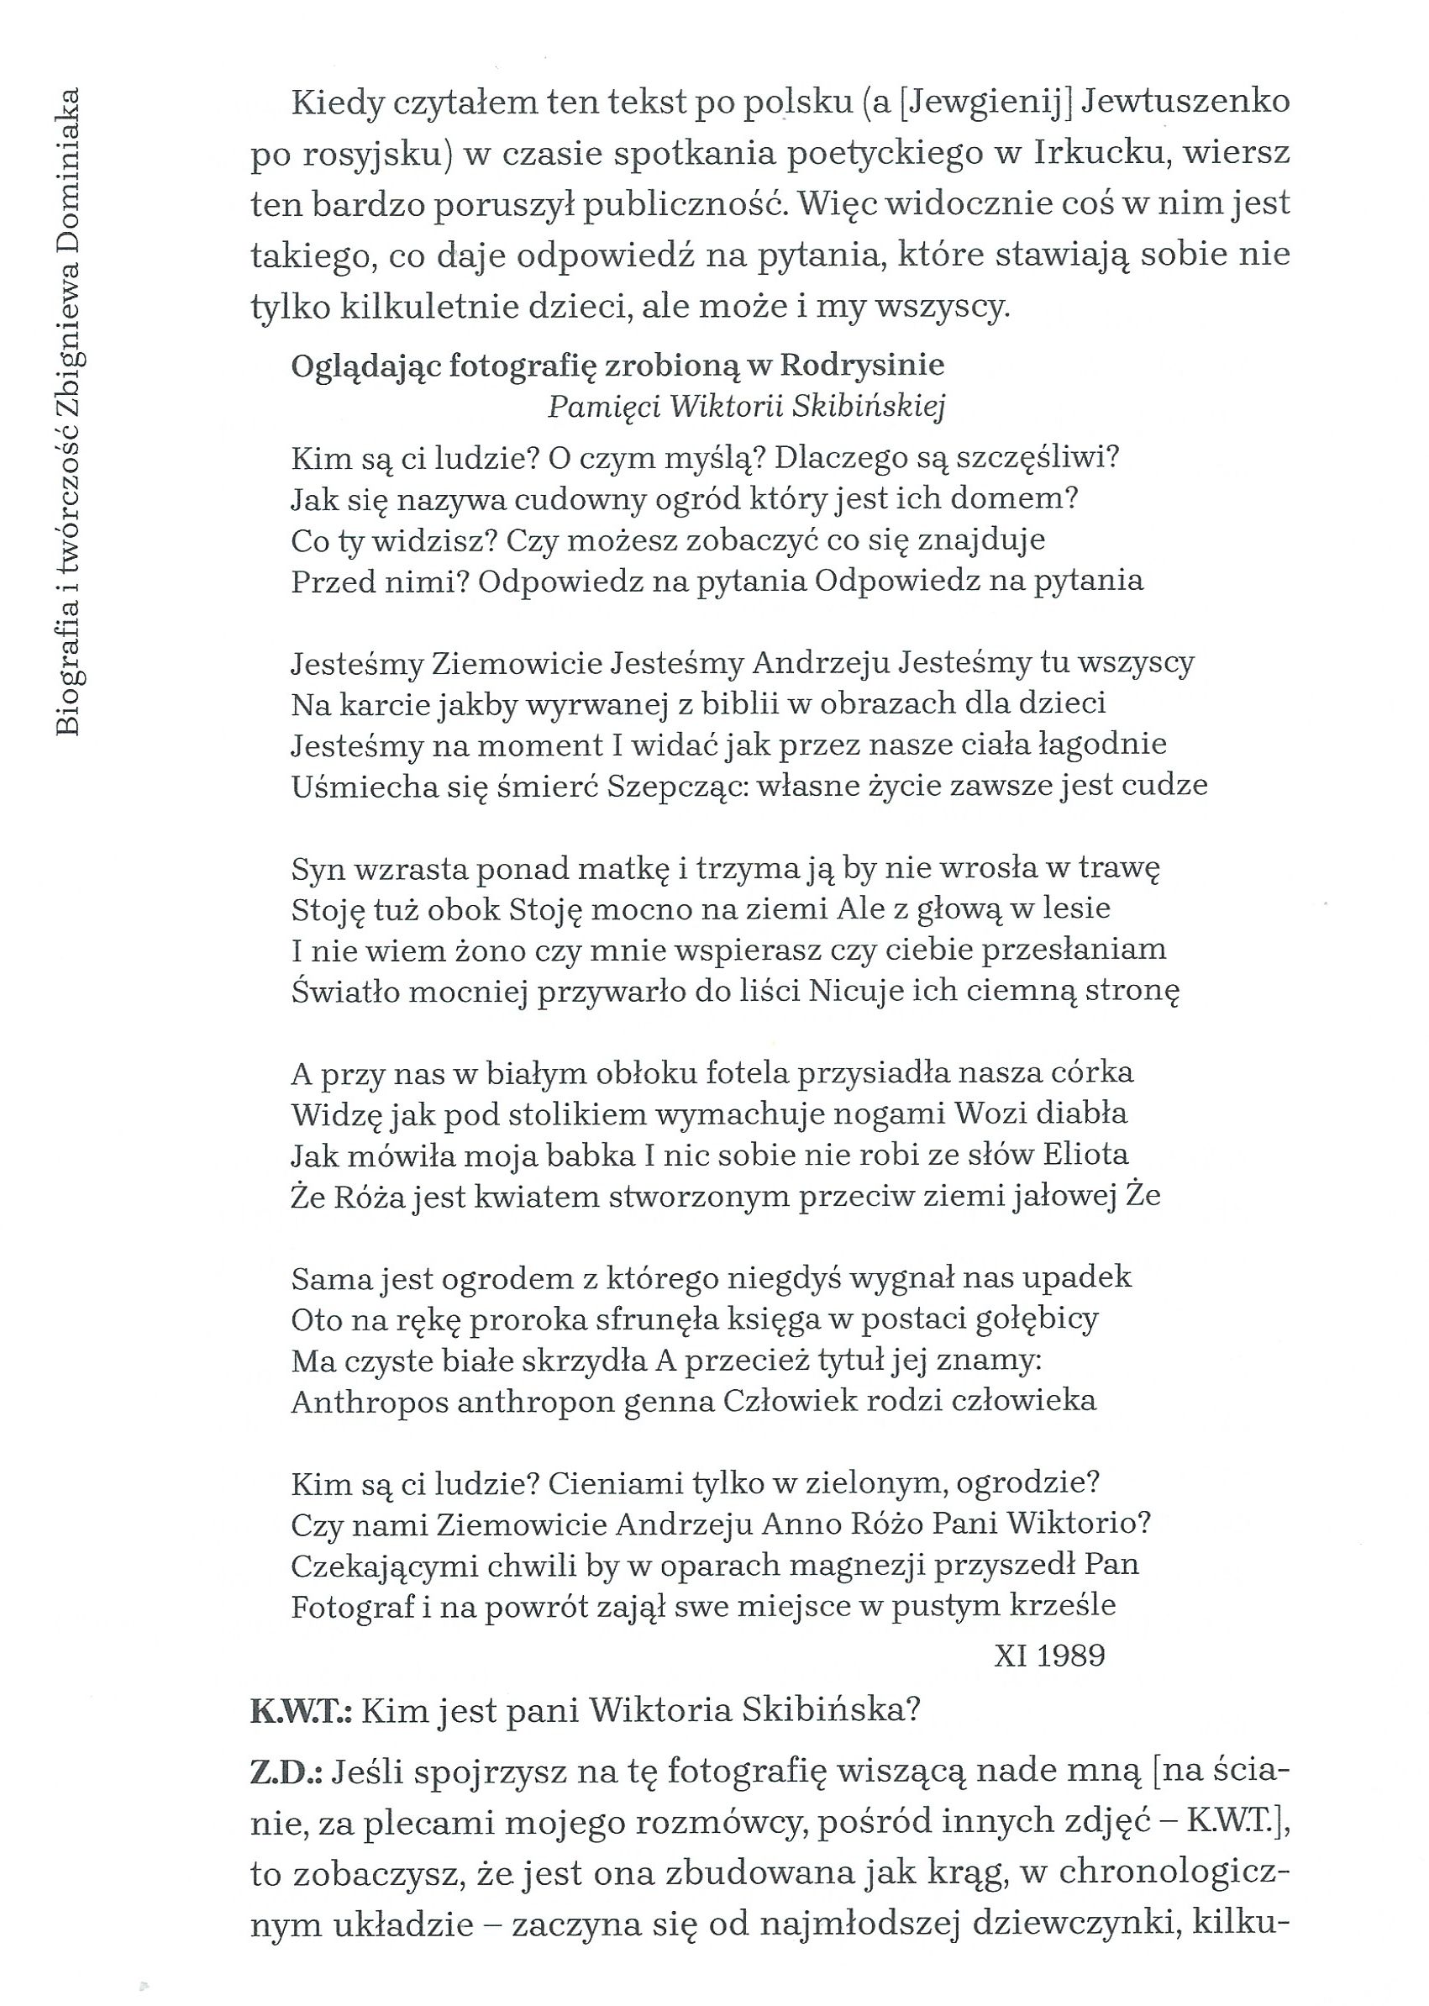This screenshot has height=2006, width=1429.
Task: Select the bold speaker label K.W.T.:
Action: pyautogui.click(x=301, y=1711)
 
